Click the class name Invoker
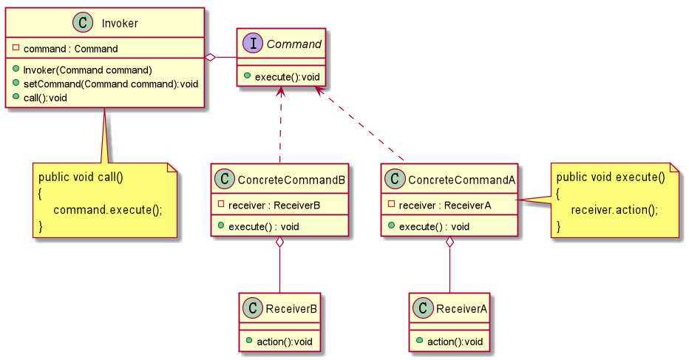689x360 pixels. (119, 24)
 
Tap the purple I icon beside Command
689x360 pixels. (253, 44)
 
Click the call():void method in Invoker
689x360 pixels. (45, 98)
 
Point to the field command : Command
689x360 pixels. (70, 49)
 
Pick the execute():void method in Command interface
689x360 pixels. (285, 76)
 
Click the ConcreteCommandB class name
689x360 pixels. (291, 179)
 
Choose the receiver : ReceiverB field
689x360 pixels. (274, 205)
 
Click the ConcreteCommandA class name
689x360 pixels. (461, 179)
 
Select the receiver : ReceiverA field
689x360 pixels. (444, 205)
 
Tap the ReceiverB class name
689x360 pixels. (292, 308)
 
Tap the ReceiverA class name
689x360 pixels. (462, 308)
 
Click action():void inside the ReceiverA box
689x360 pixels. (455, 341)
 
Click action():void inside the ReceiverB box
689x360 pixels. (285, 341)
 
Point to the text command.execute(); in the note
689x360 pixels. (108, 209)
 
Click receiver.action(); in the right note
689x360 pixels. (614, 209)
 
